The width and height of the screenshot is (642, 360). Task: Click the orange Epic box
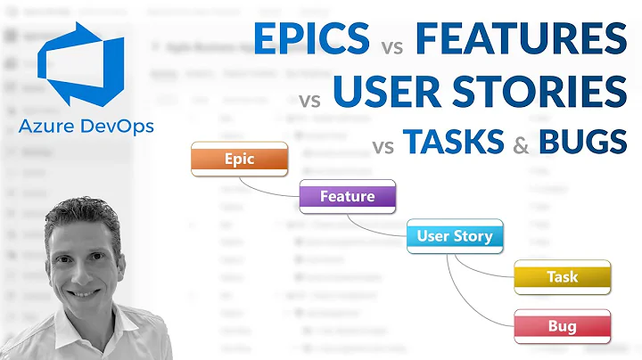pyautogui.click(x=239, y=160)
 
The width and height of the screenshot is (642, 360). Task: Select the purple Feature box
pyautogui.click(x=347, y=195)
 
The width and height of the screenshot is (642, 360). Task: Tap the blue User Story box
pyautogui.click(x=454, y=236)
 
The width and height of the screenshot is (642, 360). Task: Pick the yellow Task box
pyautogui.click(x=562, y=277)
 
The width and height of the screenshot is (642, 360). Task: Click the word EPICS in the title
pyautogui.click(x=311, y=38)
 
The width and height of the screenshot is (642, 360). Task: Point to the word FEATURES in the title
pyautogui.click(x=521, y=38)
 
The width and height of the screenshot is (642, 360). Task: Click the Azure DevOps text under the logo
pyautogui.click(x=86, y=127)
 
